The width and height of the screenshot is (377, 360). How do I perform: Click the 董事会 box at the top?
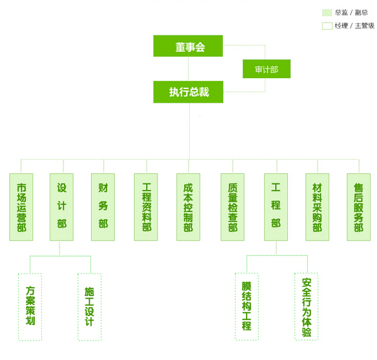pos(188,46)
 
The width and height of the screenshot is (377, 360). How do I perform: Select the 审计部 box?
pos(267,69)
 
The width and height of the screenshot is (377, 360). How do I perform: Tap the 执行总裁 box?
pos(188,92)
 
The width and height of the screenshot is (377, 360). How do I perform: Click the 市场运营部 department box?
pos(21,207)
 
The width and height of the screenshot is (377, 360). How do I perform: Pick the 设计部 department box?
pos(61,207)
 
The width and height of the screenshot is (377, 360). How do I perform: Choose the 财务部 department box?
pos(103,207)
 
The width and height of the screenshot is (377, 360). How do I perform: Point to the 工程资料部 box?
pos(146,207)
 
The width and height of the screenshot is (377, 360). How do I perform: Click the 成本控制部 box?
pos(188,207)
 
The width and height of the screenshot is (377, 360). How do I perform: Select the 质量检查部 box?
pos(232,207)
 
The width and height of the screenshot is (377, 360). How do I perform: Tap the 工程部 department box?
pos(276,207)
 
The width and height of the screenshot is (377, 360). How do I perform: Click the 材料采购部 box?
pos(318,207)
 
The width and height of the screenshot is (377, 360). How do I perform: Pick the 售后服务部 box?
pos(359,207)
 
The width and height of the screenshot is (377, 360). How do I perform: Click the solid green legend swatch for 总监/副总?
pos(327,12)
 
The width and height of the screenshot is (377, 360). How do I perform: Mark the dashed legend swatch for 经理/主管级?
pos(322,26)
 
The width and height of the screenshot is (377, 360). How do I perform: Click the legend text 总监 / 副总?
pos(351,12)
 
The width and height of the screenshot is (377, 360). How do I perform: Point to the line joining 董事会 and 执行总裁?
pos(188,69)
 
